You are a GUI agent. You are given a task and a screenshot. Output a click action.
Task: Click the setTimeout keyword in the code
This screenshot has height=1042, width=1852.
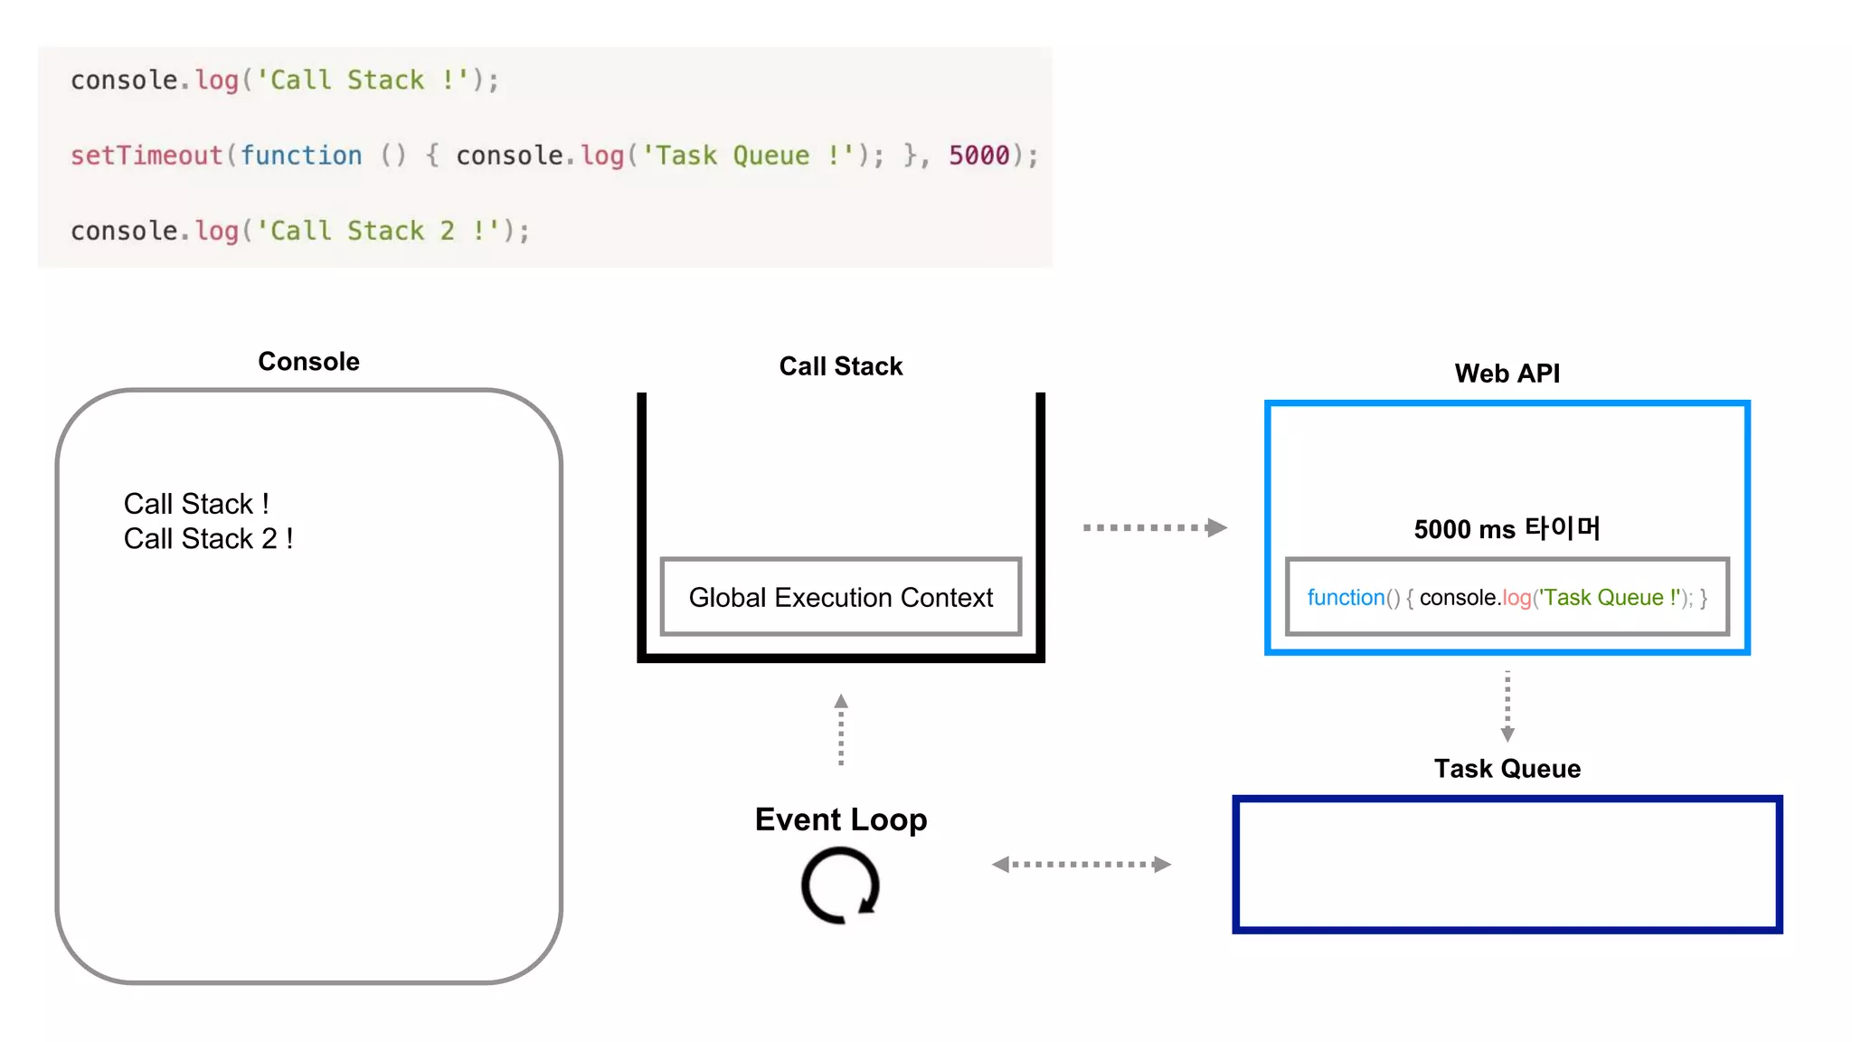[146, 156]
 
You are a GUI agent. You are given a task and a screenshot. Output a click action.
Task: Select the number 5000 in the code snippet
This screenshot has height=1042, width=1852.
[978, 156]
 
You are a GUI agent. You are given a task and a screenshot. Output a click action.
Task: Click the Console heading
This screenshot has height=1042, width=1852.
[308, 362]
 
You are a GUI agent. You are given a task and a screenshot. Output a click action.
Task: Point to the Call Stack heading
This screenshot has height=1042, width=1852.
[840, 366]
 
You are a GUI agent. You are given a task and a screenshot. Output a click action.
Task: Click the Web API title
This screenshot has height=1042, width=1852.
[1507, 374]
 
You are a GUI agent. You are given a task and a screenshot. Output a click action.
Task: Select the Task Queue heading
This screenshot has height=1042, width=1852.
[1507, 769]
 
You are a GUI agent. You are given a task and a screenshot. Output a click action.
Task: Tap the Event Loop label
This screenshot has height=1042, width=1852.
[840, 819]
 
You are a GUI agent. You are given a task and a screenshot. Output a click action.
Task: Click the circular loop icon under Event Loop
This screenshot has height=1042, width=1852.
[840, 886]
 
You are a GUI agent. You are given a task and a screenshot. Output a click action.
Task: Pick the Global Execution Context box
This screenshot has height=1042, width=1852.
[840, 597]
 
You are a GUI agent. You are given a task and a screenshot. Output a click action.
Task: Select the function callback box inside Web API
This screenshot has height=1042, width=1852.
[1507, 597]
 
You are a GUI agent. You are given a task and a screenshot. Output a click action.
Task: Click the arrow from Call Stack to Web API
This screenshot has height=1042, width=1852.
[1154, 527]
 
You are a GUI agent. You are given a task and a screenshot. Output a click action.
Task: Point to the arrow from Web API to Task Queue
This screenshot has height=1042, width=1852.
[1507, 706]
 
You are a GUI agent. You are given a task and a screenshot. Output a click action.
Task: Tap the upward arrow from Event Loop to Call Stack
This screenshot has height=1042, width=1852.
[840, 730]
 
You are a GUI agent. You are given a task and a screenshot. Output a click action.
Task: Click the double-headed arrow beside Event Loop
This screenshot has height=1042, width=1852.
[1081, 865]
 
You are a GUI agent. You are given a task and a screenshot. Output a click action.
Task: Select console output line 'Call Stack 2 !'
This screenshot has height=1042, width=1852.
[208, 539]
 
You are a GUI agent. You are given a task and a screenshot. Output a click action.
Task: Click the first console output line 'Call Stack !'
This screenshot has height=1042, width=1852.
[196, 504]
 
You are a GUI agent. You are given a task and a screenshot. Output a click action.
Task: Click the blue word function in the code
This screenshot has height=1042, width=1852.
[300, 156]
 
